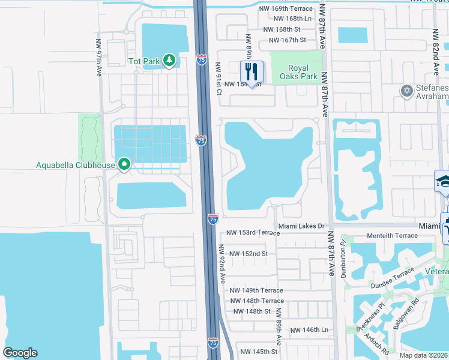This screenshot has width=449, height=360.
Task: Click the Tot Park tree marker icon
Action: click(x=170, y=60)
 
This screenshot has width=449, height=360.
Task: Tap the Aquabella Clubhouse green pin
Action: click(x=124, y=164)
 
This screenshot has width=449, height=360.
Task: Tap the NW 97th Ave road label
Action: click(x=98, y=58)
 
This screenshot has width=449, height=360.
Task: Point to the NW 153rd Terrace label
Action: click(x=253, y=232)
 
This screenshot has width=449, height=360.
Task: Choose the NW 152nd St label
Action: click(x=247, y=254)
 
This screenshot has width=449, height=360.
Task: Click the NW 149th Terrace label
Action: click(x=256, y=290)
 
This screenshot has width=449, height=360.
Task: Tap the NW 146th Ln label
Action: click(x=310, y=331)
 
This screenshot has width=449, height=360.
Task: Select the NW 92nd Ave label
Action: click(x=221, y=263)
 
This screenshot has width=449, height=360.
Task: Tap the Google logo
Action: click(x=20, y=353)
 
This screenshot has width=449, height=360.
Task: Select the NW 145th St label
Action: click(x=259, y=352)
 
